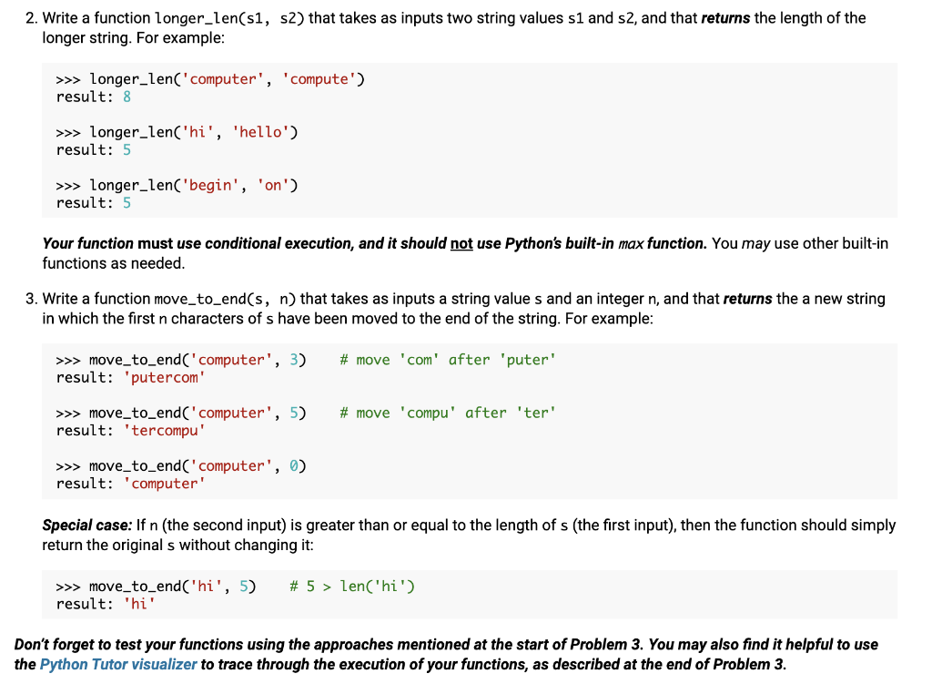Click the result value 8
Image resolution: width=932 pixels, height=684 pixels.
tap(127, 97)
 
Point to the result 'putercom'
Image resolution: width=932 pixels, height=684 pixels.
tap(165, 377)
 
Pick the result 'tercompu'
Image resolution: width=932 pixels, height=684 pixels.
tap(165, 430)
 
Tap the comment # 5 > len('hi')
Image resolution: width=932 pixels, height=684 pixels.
tap(352, 586)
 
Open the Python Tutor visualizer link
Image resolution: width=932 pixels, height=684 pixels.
tap(118, 664)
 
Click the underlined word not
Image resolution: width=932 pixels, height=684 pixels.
tap(461, 243)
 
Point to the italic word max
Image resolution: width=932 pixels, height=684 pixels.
tap(632, 243)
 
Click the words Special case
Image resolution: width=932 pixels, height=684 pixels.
tap(86, 526)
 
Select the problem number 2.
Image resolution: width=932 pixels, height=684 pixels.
tap(32, 17)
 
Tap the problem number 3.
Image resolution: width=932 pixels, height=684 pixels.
tap(32, 298)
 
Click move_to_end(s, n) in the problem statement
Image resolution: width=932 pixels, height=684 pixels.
tap(225, 298)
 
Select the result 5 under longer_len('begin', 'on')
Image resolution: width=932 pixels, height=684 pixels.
tap(127, 202)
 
